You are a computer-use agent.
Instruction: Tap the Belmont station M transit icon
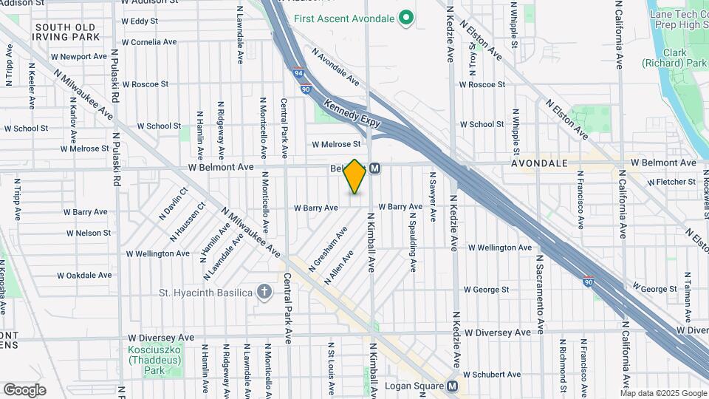(x=375, y=168)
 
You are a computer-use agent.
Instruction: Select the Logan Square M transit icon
(x=452, y=386)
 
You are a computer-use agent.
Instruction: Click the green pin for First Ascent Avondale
(x=405, y=17)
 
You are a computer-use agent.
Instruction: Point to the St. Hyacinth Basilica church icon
(x=264, y=292)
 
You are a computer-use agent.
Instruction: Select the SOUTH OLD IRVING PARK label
(x=66, y=32)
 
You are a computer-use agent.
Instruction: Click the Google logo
(x=24, y=389)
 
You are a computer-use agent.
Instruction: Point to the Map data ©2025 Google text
(x=663, y=393)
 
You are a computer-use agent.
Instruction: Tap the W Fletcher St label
(x=671, y=181)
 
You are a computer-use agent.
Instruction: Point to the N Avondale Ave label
(x=335, y=66)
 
